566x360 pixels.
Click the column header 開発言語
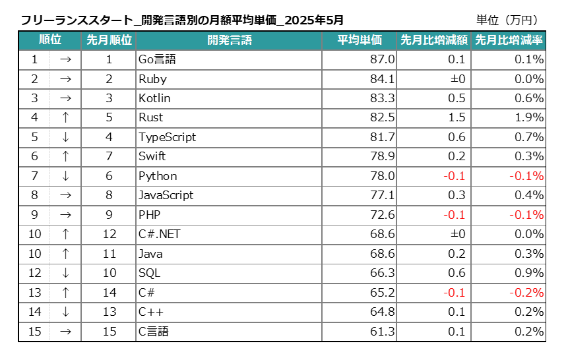(229, 40)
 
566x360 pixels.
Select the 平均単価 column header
(360, 40)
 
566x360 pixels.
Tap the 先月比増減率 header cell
(509, 40)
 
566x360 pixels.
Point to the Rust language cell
(151, 118)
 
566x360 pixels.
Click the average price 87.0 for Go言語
(383, 60)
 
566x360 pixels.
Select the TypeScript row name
(168, 137)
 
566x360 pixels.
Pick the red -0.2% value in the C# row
(526, 293)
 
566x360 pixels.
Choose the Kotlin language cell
(154, 98)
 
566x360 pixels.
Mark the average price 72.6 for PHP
(383, 215)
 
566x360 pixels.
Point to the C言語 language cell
(154, 331)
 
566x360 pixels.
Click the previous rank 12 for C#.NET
(109, 234)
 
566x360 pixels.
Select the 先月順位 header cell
(109, 40)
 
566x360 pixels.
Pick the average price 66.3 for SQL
(383, 273)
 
